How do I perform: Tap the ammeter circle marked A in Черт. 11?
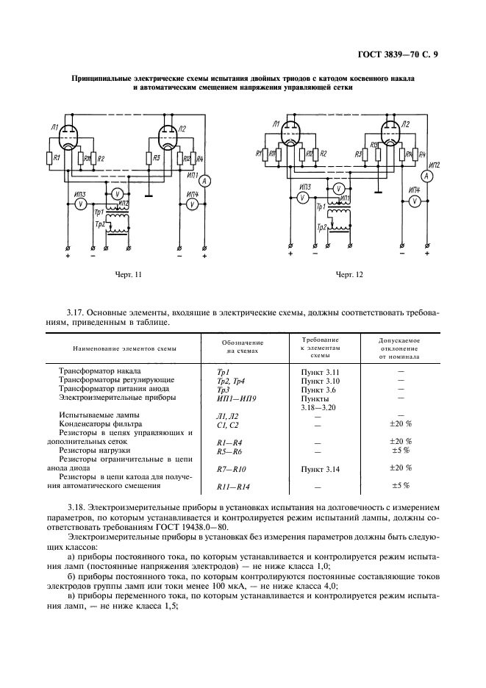(x=207, y=180)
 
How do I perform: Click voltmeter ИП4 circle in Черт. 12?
(x=415, y=201)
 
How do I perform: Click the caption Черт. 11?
(x=127, y=275)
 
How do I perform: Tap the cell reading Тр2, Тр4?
(x=232, y=380)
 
